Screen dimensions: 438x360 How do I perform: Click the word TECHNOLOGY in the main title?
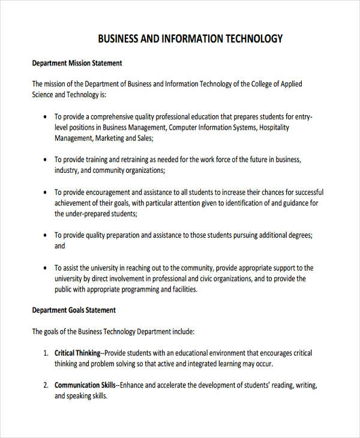click(x=254, y=39)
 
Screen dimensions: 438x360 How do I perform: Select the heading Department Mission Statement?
click(x=77, y=63)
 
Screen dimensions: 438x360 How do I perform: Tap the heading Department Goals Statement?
click(x=74, y=310)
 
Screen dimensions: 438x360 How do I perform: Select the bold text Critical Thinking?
click(x=77, y=353)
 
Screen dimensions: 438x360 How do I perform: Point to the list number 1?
click(x=45, y=353)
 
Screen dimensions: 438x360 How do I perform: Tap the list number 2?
click(x=45, y=385)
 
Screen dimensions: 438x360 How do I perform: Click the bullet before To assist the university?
click(x=46, y=268)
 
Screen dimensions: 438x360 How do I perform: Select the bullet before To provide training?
click(x=46, y=160)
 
